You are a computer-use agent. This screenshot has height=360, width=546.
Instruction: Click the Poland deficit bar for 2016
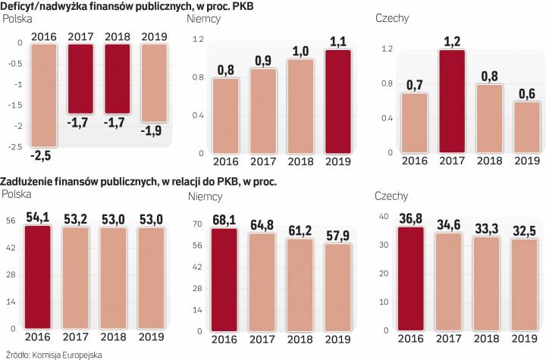[42, 95]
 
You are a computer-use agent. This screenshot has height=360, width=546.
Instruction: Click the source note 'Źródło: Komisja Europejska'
[52, 353]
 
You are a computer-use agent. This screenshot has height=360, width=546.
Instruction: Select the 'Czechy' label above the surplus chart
[391, 19]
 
